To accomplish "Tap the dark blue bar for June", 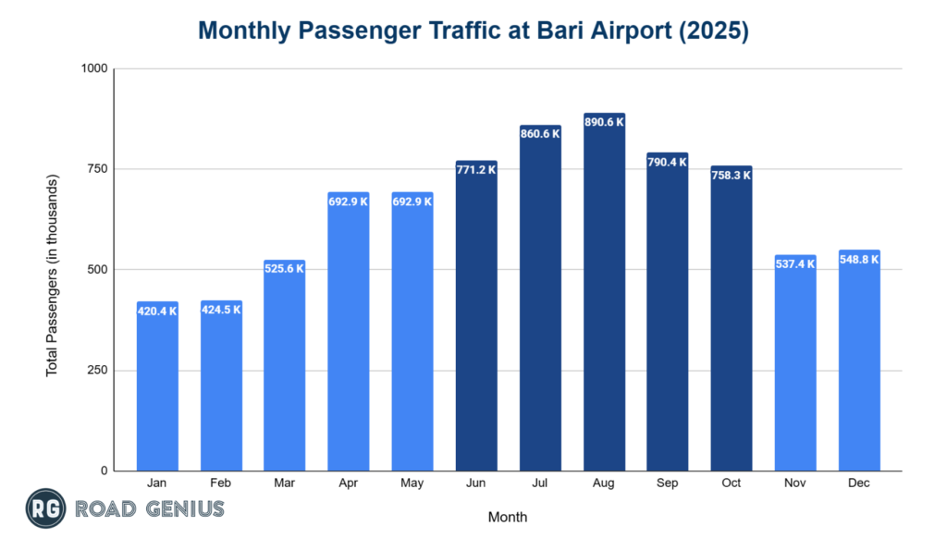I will pyautogui.click(x=476, y=324).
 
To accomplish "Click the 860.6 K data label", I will pyautogui.click(x=540, y=134).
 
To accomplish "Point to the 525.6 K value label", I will pyautogui.click(x=285, y=268).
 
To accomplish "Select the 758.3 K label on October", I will pyautogui.click(x=732, y=174).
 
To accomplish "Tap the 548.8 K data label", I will pyautogui.click(x=859, y=259).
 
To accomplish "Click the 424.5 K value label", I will pyautogui.click(x=221, y=309).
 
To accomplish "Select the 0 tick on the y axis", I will pyautogui.click(x=105, y=471).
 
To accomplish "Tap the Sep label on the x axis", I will pyautogui.click(x=668, y=483).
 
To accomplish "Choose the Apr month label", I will pyautogui.click(x=349, y=483).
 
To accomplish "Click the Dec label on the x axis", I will pyautogui.click(x=859, y=483).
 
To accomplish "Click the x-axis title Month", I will pyautogui.click(x=508, y=517).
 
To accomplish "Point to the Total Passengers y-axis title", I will pyautogui.click(x=53, y=275).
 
